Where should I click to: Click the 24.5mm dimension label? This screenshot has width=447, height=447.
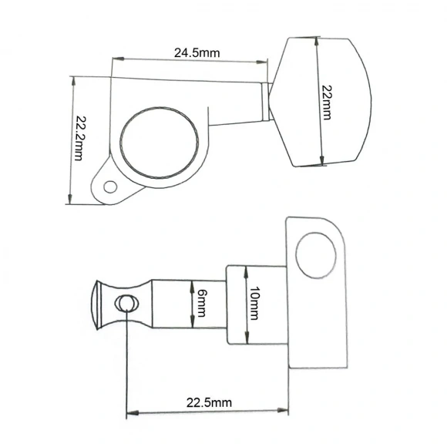(x=197, y=53)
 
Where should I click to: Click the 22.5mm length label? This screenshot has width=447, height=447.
(x=209, y=403)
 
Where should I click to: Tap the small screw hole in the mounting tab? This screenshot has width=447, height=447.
(x=110, y=187)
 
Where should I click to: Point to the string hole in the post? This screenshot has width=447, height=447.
(x=126, y=303)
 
